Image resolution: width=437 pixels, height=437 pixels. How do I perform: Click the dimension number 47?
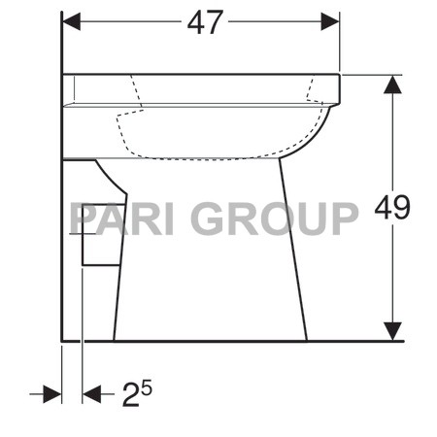tap(205, 22)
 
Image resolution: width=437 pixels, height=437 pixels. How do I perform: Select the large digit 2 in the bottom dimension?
tap(130, 394)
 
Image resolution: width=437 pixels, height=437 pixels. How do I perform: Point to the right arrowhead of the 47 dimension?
tap(330, 21)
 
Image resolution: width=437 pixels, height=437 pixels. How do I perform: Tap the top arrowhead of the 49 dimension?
tap(391, 84)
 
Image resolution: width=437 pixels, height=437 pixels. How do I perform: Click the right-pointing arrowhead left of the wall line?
tap(53, 394)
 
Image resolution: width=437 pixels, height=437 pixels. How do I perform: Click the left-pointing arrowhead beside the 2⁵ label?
tap(92, 394)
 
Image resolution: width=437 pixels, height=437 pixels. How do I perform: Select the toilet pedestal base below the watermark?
tap(209, 291)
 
